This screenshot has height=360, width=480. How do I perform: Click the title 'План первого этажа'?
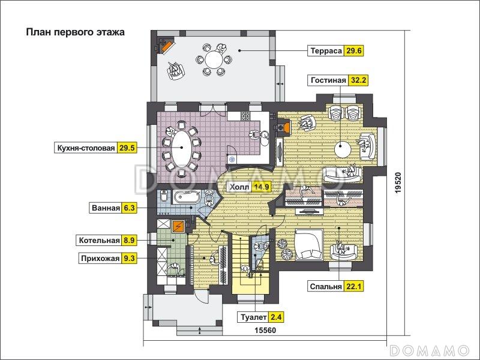click(75, 32)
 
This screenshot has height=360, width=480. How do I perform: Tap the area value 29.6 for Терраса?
click(353, 51)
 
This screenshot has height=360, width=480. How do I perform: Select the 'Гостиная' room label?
click(328, 80)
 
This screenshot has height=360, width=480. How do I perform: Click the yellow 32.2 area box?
click(358, 80)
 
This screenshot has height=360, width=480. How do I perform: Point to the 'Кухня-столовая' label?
click(85, 148)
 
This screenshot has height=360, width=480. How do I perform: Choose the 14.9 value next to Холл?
click(261, 187)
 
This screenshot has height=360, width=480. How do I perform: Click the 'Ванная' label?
click(105, 209)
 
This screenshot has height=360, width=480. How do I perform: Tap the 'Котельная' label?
click(99, 241)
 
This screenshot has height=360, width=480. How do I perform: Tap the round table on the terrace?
click(213, 59)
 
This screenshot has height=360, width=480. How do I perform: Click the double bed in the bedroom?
click(308, 244)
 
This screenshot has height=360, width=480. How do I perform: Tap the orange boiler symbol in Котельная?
click(178, 226)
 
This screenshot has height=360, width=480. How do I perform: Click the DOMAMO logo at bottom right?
click(429, 349)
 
